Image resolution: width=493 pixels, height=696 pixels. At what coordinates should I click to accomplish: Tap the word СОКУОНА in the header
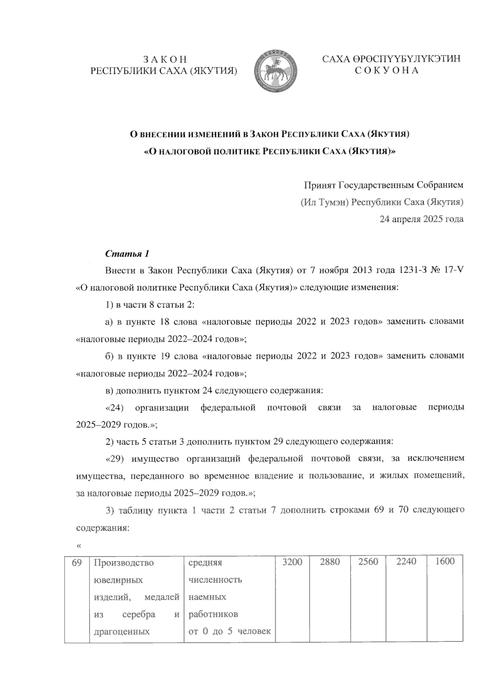pos(387,71)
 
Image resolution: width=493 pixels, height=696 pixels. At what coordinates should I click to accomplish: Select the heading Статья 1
pos(127,253)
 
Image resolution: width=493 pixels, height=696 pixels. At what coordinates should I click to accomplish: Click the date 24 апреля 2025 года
pos(422,219)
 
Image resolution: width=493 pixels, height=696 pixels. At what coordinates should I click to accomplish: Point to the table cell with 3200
pos(292,561)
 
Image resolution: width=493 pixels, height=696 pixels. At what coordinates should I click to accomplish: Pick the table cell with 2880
pos(330,561)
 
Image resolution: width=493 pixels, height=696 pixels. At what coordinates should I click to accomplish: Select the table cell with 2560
pos(368,561)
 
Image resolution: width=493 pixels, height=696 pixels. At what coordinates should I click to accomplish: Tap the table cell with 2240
pos(406,561)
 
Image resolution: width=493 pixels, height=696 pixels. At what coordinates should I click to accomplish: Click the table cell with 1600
pos(445,561)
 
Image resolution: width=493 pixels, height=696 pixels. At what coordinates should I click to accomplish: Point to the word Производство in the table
pos(124,563)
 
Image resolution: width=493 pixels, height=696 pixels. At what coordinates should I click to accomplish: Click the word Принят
pos(319,185)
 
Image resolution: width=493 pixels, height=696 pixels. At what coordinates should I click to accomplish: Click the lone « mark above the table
pos(79,545)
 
